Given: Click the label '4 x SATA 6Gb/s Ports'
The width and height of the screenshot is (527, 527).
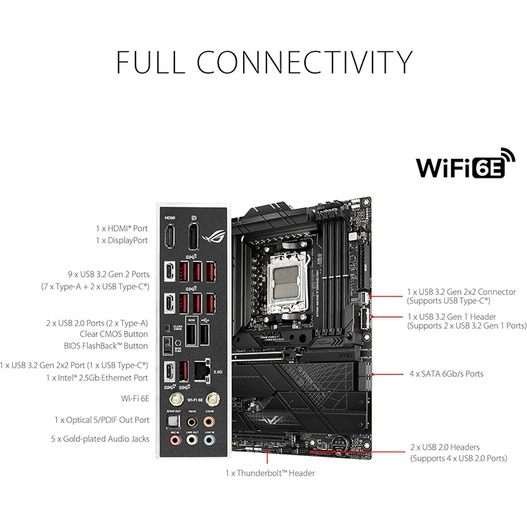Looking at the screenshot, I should [446, 374].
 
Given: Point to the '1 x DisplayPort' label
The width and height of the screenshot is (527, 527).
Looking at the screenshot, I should [122, 240].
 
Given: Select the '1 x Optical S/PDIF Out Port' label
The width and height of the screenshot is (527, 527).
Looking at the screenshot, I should [103, 419].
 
